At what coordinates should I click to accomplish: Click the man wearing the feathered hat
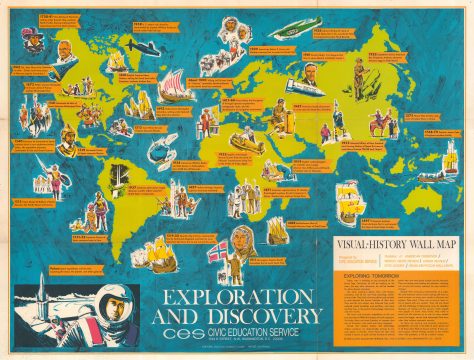36,42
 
